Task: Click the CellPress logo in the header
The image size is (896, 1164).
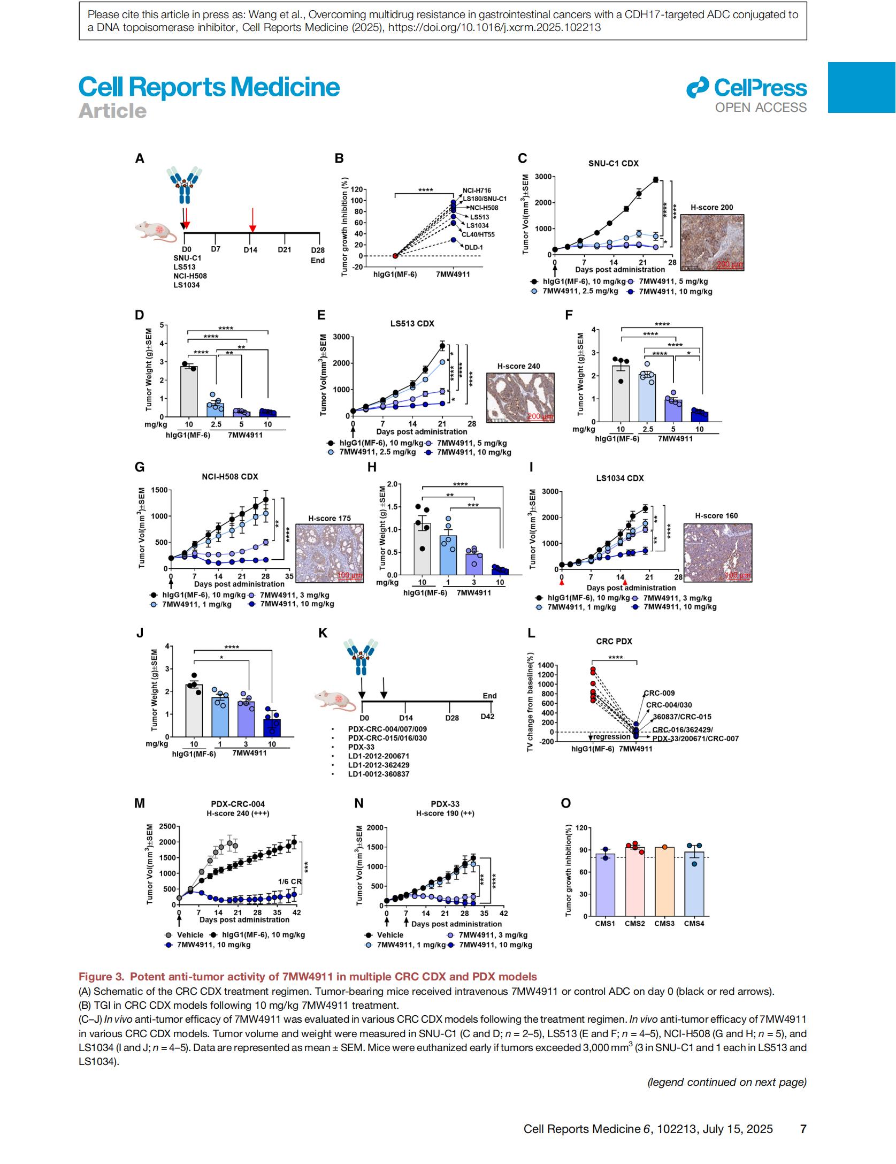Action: [746, 88]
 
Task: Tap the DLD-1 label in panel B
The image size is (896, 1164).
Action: [473, 248]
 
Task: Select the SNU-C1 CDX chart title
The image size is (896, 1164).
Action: [613, 164]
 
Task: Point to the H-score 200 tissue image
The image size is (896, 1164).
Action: [711, 242]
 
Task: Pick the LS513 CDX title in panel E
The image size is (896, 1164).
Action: [412, 324]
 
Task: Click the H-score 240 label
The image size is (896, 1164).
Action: [518, 367]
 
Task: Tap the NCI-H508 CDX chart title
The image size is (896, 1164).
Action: [229, 477]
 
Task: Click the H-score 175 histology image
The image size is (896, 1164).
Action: [329, 554]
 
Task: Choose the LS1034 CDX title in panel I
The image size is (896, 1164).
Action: [619, 478]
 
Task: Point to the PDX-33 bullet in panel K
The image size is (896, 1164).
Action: [361, 747]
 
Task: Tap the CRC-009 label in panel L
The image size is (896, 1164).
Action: [660, 693]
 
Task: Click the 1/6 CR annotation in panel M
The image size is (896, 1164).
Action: [289, 881]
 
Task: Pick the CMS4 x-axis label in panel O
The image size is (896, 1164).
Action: [694, 923]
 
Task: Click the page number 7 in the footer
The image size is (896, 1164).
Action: [803, 1129]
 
